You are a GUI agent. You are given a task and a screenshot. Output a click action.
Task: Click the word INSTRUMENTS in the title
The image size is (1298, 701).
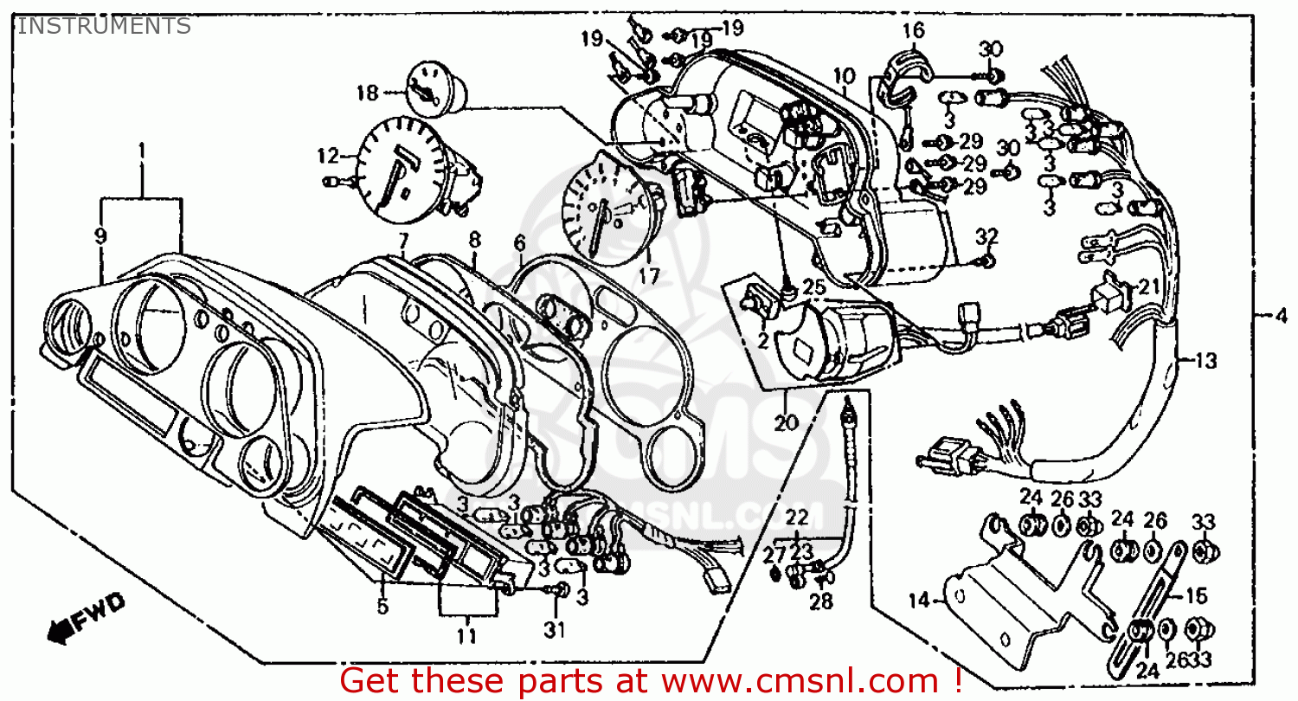click(x=104, y=26)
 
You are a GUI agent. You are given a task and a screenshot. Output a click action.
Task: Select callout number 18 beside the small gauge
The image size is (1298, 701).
click(x=367, y=92)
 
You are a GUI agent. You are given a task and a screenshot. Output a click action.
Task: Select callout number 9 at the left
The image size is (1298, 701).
click(x=101, y=235)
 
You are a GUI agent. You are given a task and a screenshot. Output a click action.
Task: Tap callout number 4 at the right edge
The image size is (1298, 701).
click(x=1282, y=315)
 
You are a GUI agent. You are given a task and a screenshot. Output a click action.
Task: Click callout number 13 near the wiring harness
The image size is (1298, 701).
click(x=1205, y=360)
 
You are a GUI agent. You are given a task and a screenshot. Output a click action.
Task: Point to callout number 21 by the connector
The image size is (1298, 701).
click(x=1147, y=286)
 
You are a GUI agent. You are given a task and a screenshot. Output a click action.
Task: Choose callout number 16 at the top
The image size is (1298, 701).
click(x=913, y=31)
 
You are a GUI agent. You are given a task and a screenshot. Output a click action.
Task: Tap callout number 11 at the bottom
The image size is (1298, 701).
click(x=467, y=637)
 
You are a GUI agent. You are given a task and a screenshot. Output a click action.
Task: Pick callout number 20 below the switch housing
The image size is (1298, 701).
click(x=785, y=423)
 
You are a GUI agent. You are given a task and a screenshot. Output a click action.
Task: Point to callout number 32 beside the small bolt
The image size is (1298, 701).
click(x=987, y=236)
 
